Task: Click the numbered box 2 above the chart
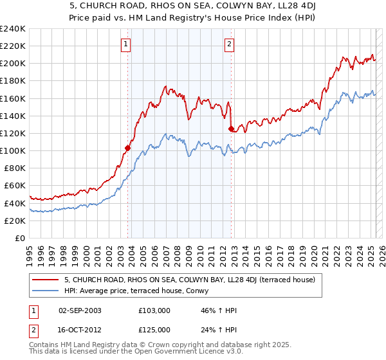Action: [x=229, y=44]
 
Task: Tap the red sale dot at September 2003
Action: [x=127, y=148]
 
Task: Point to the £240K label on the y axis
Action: [x=13, y=29]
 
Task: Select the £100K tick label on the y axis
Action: [x=13, y=150]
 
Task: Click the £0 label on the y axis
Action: [x=19, y=238]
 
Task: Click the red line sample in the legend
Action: [x=46, y=280]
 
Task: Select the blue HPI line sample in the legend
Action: [x=46, y=290]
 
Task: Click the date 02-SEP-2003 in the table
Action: [x=80, y=310]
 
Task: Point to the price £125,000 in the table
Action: [x=154, y=329]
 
